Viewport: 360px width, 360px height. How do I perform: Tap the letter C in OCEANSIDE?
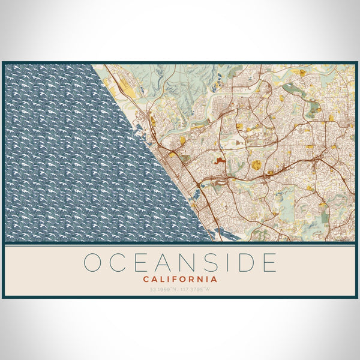[118, 263]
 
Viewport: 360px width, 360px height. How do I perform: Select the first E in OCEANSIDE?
[141, 263]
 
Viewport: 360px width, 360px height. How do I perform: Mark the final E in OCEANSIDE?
[268, 263]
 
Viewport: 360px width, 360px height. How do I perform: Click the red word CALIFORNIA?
[180, 279]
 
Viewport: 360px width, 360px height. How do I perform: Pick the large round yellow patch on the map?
[256, 164]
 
